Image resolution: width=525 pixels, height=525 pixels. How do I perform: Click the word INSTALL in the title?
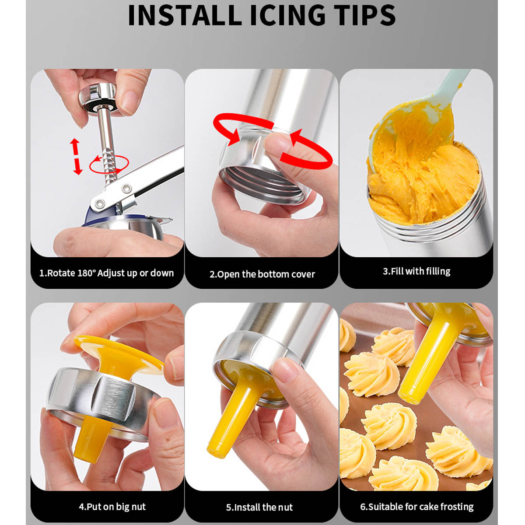pos(185,15)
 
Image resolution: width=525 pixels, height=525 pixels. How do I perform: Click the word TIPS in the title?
pos(364,15)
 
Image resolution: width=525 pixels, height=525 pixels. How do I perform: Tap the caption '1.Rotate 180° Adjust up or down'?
pos(106,273)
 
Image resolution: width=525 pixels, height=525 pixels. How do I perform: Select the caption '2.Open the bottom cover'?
pos(262,274)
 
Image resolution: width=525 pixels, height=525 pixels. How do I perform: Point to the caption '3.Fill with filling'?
pos(416,271)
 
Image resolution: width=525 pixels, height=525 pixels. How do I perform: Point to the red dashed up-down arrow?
pos(76,156)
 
